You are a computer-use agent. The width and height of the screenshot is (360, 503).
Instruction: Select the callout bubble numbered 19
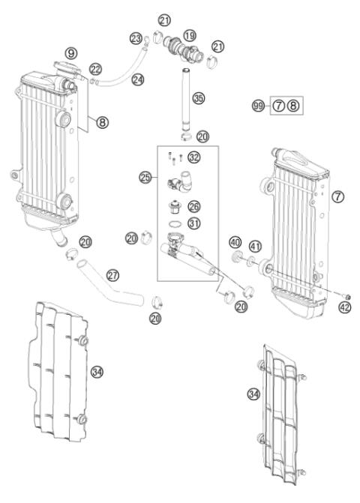pos(190,34)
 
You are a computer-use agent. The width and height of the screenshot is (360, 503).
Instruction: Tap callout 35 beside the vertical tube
pos(197,97)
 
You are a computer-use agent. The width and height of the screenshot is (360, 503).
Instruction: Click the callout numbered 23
pos(136,37)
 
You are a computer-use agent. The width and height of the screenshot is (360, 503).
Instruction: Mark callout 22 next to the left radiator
pos(96,69)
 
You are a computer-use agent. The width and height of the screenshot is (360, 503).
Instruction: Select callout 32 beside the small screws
pos(194,157)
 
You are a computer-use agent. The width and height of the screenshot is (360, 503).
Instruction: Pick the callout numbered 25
pos(146,178)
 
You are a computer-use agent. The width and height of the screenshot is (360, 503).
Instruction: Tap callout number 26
pos(193,204)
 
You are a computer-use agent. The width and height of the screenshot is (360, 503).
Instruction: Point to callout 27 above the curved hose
pos(113,274)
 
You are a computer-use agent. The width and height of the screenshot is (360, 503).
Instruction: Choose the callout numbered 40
pos(235,243)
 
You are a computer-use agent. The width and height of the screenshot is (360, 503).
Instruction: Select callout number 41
pos(256,246)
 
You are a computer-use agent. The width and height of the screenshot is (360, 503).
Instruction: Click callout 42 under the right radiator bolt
pos(344,306)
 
